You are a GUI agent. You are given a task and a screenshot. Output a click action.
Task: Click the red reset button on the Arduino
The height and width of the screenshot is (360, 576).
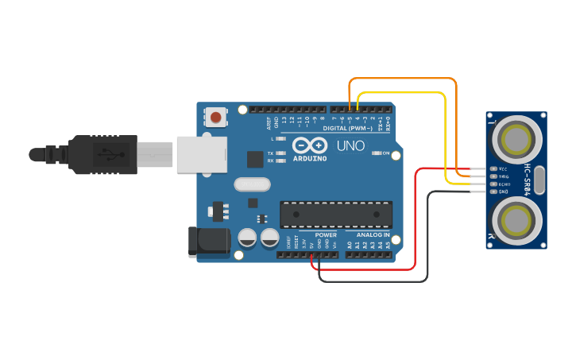point(216,118)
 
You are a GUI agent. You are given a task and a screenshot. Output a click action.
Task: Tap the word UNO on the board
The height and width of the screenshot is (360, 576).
point(350,146)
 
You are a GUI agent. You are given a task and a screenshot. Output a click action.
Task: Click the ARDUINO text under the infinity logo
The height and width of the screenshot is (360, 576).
point(309,158)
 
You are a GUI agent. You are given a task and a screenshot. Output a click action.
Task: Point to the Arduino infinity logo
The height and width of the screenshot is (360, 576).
point(309,145)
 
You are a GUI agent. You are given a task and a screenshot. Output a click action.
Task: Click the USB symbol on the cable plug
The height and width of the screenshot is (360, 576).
point(104,153)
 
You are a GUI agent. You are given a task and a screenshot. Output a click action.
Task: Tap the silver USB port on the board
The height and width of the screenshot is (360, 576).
point(200,153)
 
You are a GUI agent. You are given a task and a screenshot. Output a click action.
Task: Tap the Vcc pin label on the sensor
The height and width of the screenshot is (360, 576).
point(502,169)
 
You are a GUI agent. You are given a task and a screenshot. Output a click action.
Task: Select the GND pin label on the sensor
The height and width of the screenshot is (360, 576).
point(503,192)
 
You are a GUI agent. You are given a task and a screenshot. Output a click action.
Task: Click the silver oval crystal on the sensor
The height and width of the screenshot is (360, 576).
point(540,180)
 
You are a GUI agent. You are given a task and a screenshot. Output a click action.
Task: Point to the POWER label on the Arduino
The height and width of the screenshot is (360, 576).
point(326,235)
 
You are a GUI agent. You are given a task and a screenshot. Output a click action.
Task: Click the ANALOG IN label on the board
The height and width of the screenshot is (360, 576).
point(372,235)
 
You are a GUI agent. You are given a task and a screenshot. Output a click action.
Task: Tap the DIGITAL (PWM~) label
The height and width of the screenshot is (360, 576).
point(350,126)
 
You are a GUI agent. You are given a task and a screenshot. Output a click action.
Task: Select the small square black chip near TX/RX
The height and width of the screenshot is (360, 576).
point(254,159)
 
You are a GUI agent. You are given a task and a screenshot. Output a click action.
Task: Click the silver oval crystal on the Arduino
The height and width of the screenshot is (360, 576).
point(253,184)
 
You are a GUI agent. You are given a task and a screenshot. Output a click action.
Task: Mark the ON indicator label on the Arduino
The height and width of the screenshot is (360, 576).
point(387,153)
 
